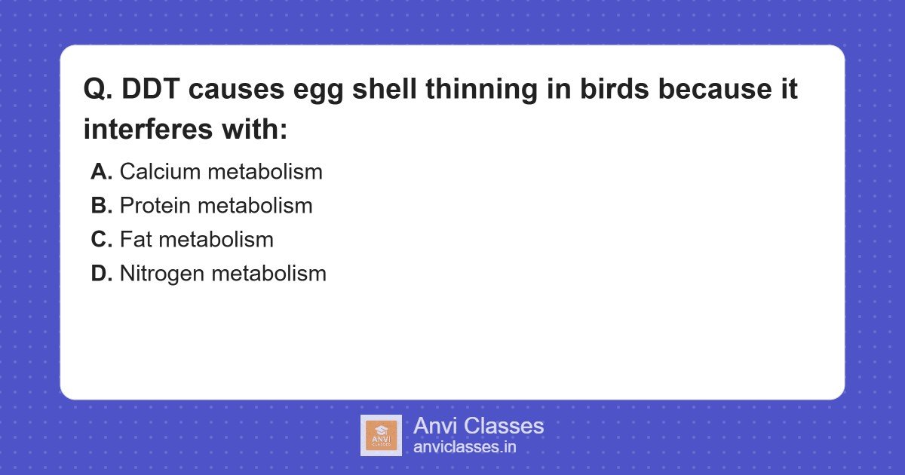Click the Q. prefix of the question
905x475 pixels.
tap(98, 90)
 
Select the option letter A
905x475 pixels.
tap(101, 172)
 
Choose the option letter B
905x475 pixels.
tap(101, 206)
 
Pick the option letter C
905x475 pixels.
tap(101, 240)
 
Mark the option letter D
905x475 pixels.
tap(101, 274)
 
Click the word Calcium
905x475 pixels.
tap(160, 172)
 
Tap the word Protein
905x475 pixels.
tap(155, 206)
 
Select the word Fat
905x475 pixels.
tap(136, 240)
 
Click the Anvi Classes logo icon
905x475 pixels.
tap(381, 435)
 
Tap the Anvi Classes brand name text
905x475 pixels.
tap(478, 426)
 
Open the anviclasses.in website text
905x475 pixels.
tap(465, 447)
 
